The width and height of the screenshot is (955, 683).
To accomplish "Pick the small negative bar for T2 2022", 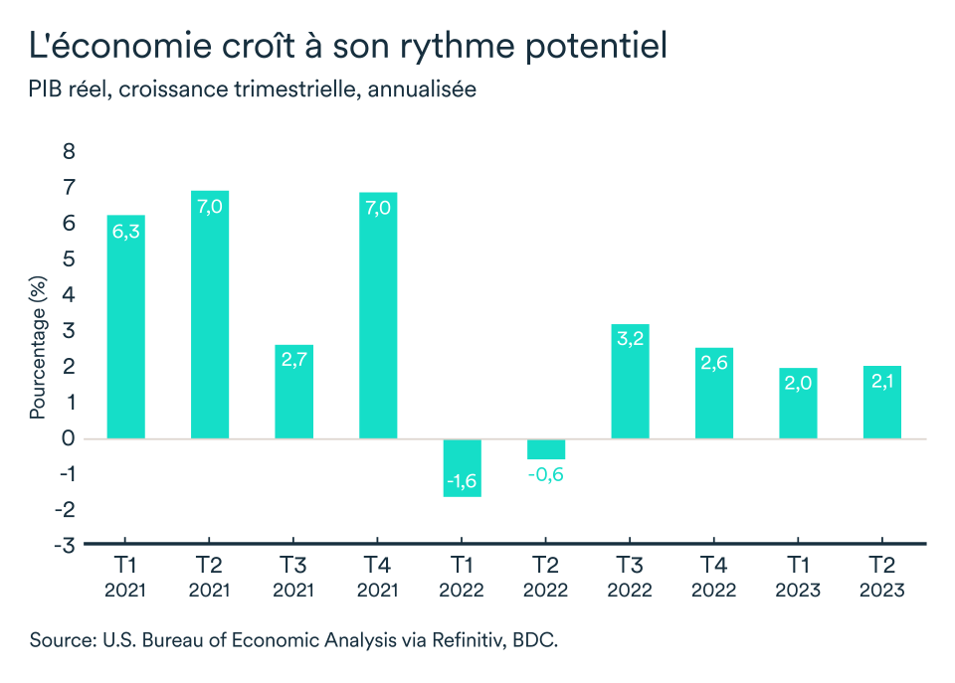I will [x=545, y=449].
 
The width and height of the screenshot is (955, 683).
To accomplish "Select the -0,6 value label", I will [x=545, y=474].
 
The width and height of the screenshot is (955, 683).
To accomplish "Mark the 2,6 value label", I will [x=713, y=365].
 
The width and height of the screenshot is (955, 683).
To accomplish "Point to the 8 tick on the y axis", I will [x=69, y=152].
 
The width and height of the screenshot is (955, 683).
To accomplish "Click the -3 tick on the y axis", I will [x=65, y=545].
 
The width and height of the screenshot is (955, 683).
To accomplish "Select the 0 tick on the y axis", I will [x=69, y=438].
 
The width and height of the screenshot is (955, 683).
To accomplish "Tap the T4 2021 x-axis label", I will [x=378, y=578].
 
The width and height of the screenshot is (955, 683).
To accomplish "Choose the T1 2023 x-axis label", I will [x=798, y=578].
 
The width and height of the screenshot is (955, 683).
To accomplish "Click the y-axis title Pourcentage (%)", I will [x=38, y=349].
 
